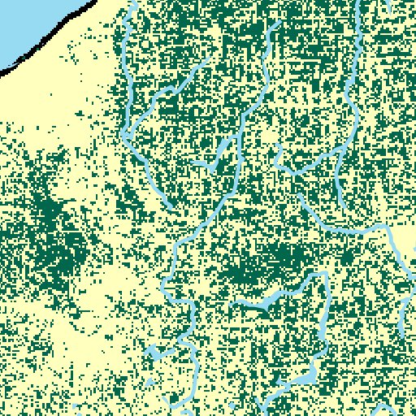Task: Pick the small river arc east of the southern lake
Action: click(x=382, y=405)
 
